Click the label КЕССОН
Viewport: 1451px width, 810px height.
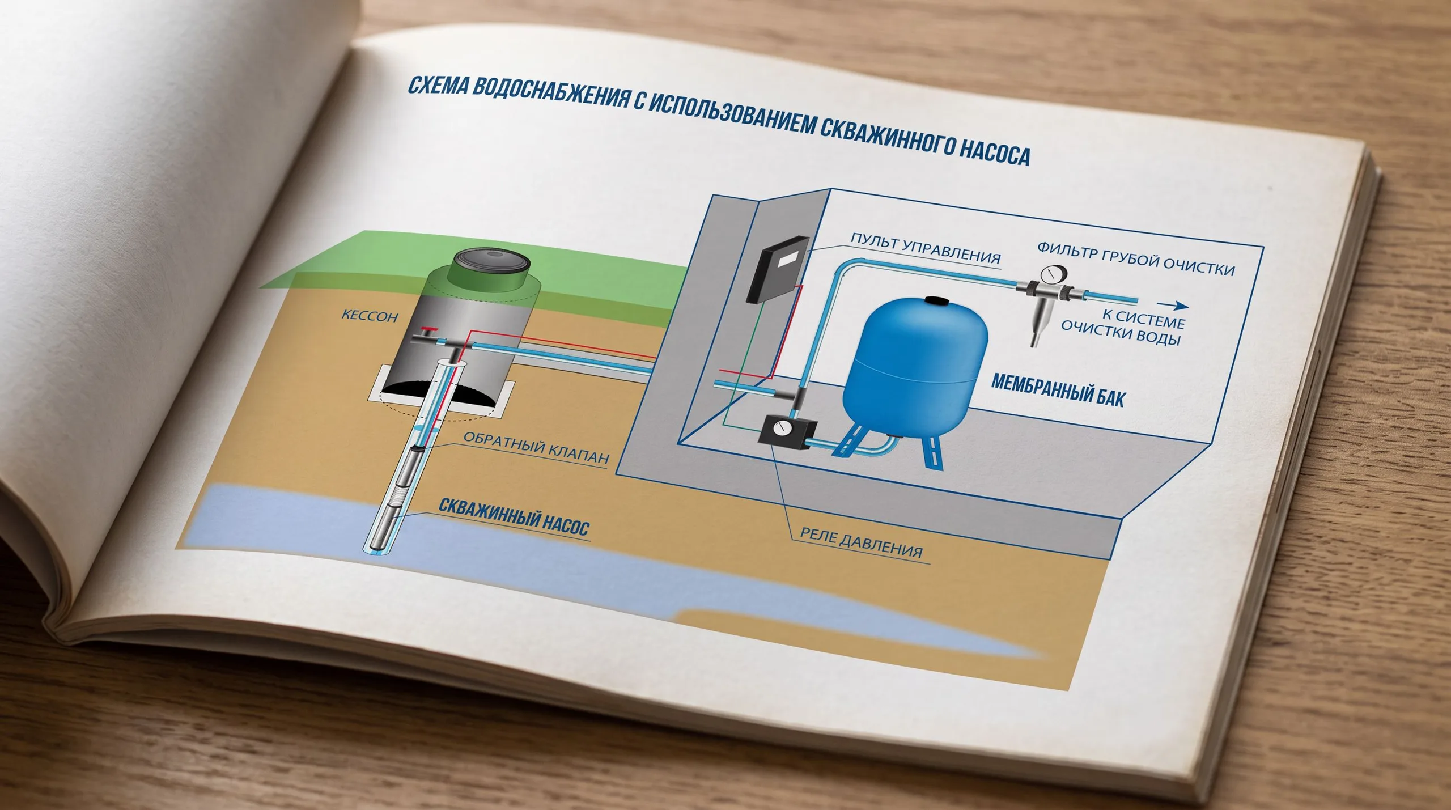pos(370,316)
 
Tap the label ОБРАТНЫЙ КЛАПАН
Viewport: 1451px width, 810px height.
pos(536,447)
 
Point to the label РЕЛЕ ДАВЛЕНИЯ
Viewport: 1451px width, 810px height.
pos(861,542)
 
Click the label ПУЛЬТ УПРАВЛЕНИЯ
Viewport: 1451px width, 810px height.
pos(926,248)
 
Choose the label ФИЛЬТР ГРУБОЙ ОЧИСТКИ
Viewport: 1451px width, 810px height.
pos(1136,259)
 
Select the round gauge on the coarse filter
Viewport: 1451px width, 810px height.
pos(1054,275)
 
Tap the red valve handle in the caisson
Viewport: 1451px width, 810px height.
pos(431,330)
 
